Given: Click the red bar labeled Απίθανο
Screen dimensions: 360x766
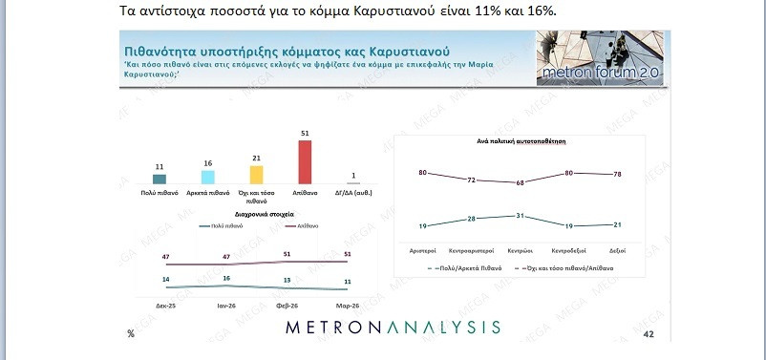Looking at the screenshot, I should click(x=305, y=161).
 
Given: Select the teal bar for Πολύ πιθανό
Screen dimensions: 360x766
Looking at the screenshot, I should click(x=160, y=179).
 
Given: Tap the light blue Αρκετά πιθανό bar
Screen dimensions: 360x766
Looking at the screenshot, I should click(x=207, y=177).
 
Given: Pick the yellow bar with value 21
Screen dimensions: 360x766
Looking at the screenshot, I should click(x=256, y=174).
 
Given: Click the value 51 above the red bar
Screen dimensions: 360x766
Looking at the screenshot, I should click(x=305, y=134).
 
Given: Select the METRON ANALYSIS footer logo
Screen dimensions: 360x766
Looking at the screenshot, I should click(x=394, y=328).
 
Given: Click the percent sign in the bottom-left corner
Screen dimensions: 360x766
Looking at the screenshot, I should click(x=130, y=334).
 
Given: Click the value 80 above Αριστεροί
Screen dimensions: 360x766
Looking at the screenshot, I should click(x=421, y=172).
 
